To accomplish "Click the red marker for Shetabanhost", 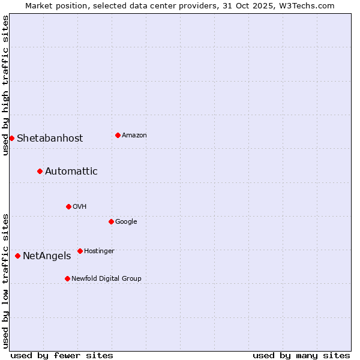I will [11, 138].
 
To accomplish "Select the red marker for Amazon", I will [118, 135].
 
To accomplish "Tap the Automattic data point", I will [40, 171].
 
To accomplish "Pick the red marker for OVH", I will [68, 206].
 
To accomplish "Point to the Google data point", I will [111, 221].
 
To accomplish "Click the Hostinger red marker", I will [80, 251].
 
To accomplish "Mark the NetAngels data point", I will [17, 256].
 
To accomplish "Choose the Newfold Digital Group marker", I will [67, 278].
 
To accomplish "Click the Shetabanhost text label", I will [50, 138].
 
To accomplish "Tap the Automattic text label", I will [71, 171].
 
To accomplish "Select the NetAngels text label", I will [47, 256].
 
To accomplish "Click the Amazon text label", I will [134, 135].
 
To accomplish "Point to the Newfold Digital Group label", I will [106, 278].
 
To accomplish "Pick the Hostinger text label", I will [99, 251].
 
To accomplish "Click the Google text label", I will [126, 221].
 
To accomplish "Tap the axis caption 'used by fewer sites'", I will [62, 355].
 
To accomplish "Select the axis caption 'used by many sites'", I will [301, 355].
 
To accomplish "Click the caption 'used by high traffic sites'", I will [5, 85].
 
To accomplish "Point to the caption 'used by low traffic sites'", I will [5, 281].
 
